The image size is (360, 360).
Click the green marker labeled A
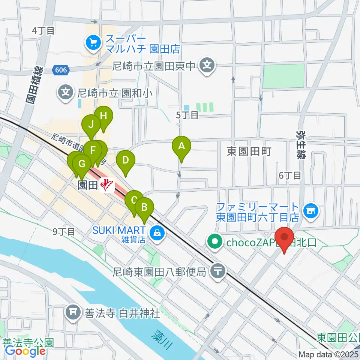coord(181,146)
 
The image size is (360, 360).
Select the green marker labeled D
coord(126,161)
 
